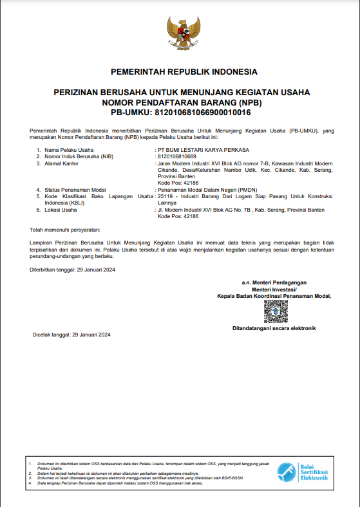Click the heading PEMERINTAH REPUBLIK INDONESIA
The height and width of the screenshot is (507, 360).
coord(184,71)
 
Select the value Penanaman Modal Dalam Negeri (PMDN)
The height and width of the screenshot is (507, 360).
coord(205,190)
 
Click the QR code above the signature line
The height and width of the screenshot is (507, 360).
coord(274,311)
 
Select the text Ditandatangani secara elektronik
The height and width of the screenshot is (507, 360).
coord(274,328)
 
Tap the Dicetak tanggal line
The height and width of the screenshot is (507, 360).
coord(72,335)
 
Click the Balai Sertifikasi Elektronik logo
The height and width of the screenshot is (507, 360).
coord(303,472)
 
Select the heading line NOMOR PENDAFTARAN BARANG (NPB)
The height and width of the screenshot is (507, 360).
coord(182,102)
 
